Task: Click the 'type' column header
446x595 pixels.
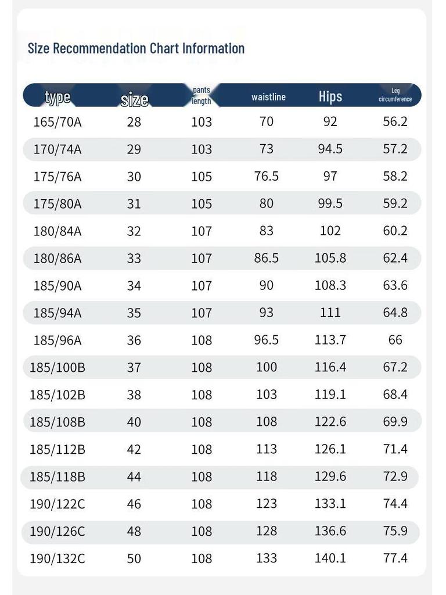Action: (x=57, y=97)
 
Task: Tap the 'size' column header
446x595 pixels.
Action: (x=134, y=99)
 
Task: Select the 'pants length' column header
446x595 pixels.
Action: (x=202, y=95)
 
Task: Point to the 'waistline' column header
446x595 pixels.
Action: (x=268, y=97)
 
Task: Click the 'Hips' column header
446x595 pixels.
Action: (x=330, y=96)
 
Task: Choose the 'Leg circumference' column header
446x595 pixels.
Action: (x=395, y=95)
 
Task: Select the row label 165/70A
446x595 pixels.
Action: (x=57, y=122)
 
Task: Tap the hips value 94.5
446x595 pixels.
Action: (x=330, y=149)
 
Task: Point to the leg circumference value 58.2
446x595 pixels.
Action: (x=395, y=176)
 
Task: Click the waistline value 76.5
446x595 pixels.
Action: (x=266, y=176)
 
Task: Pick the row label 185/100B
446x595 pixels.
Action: (x=57, y=367)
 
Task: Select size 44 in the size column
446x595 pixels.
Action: (x=134, y=476)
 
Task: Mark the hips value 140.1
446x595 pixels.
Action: (x=330, y=558)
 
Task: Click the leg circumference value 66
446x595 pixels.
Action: (x=395, y=340)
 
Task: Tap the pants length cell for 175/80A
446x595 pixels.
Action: (x=202, y=204)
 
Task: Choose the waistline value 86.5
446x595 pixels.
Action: (x=266, y=258)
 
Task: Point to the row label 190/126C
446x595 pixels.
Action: (x=57, y=531)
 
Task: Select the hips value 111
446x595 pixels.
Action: (x=330, y=313)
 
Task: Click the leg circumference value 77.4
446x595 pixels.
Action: (x=395, y=558)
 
